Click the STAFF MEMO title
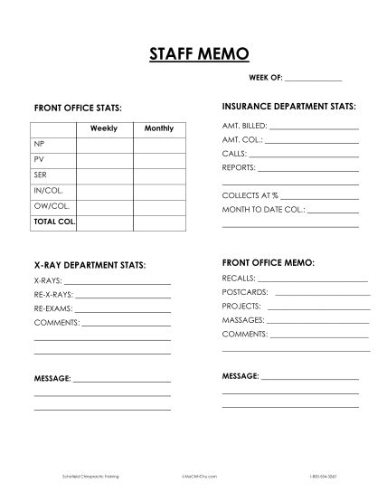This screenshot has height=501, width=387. [193, 55]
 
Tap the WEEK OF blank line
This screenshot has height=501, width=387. [314, 80]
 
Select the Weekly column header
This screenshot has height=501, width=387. [104, 128]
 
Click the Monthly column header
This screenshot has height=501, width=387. [159, 128]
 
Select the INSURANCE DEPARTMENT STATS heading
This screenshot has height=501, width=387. [289, 106]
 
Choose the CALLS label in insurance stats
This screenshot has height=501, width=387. [234, 154]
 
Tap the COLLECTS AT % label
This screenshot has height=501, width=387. [250, 195]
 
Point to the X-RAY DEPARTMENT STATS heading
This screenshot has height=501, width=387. [90, 266]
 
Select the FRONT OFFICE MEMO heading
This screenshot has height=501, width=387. [269, 262]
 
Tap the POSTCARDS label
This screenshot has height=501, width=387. [245, 292]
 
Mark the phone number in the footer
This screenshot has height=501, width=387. [322, 475]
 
